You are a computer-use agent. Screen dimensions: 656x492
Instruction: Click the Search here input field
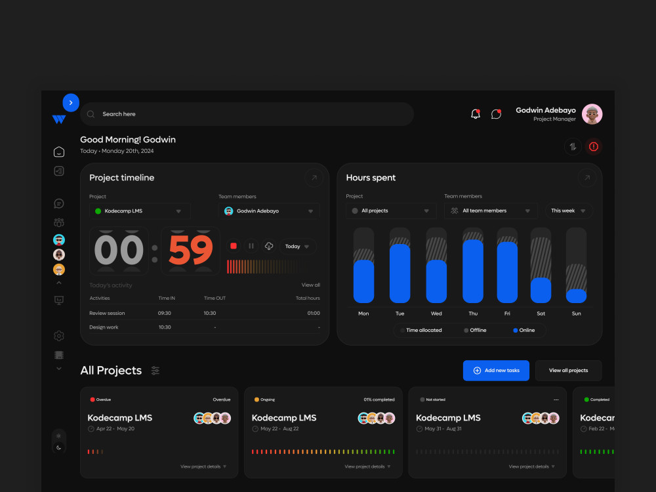[247, 113]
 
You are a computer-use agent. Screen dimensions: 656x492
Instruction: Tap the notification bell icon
[475, 113]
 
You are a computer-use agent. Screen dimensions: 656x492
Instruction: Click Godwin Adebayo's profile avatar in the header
[592, 114]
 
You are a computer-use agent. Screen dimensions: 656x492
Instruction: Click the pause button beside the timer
[251, 246]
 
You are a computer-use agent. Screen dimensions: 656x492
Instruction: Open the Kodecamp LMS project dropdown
[140, 211]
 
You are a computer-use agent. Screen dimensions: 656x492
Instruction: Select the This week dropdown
[568, 211]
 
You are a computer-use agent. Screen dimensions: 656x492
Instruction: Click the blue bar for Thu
[473, 271]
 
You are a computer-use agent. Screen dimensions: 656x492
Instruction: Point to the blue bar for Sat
[541, 291]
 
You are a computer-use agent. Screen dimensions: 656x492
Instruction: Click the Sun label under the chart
[576, 314]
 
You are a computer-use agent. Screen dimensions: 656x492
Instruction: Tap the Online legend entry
[523, 330]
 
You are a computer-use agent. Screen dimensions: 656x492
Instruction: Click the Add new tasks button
[496, 370]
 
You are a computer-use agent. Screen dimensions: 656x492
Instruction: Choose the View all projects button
[568, 370]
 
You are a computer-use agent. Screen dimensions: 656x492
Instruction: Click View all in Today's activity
[311, 285]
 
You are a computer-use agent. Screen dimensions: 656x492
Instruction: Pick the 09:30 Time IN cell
[165, 313]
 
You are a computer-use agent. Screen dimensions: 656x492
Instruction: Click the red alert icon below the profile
[593, 146]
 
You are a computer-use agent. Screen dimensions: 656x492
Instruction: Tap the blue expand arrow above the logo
[71, 102]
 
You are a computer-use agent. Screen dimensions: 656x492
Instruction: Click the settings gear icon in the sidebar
[59, 336]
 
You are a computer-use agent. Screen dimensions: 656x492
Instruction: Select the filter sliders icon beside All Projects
[155, 370]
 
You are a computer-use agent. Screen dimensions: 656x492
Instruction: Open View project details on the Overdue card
[203, 466]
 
